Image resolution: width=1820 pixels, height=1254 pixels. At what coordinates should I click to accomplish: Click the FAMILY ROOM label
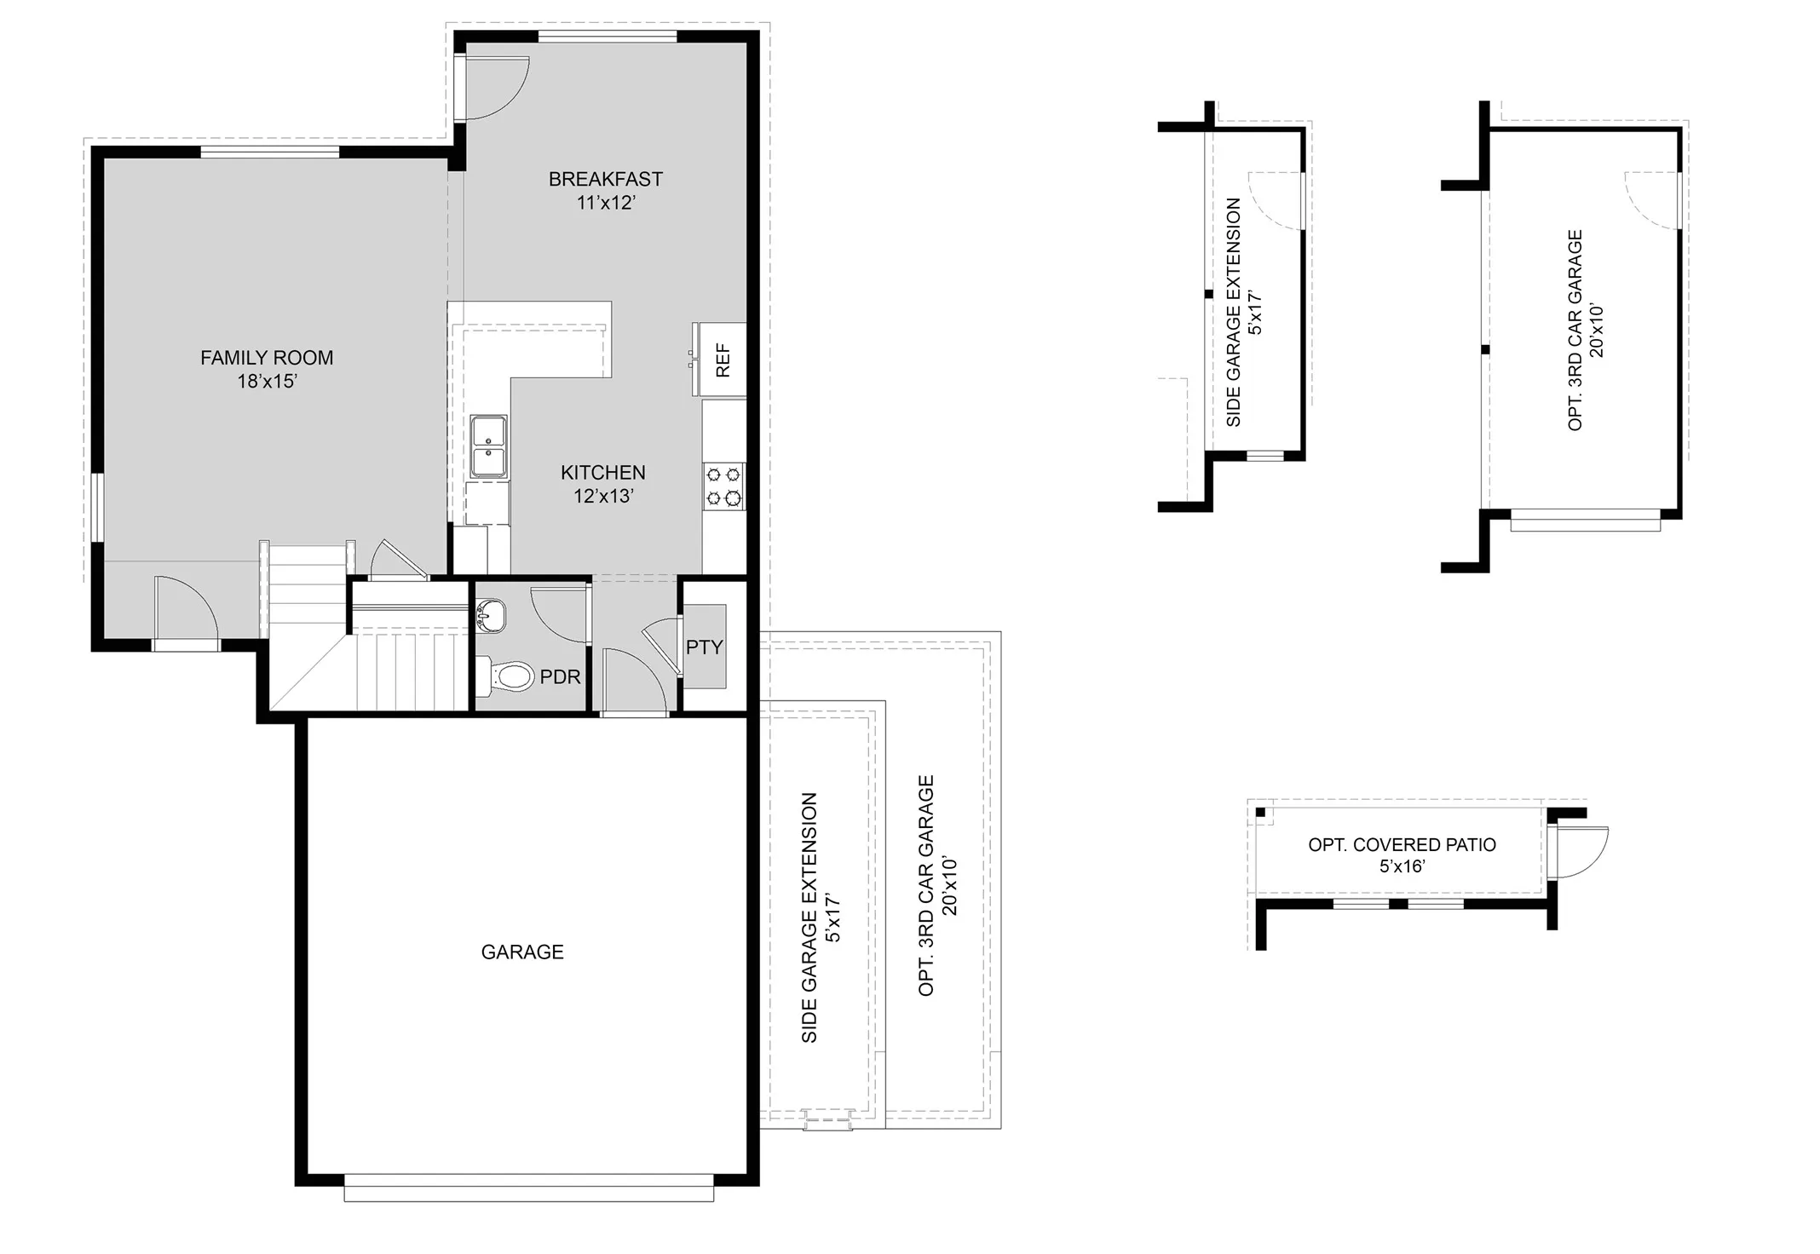tap(267, 358)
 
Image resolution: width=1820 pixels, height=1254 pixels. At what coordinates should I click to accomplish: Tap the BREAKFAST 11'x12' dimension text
tap(605, 203)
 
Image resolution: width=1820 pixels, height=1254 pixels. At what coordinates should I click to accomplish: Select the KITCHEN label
tap(602, 472)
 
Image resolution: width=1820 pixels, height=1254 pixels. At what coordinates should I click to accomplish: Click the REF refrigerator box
tap(722, 360)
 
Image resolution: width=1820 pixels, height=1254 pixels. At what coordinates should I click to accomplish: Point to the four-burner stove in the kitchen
tap(723, 486)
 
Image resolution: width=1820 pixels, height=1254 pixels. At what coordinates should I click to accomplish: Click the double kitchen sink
tap(489, 446)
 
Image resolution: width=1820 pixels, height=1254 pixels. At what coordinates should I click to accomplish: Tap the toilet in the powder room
tap(508, 677)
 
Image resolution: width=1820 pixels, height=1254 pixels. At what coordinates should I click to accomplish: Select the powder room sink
tap(492, 615)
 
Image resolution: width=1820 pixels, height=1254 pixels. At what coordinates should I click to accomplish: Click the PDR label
tap(560, 677)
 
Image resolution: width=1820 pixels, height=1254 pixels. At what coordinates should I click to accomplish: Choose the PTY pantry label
tap(704, 647)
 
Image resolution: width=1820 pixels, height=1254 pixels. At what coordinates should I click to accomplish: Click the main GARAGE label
tap(522, 952)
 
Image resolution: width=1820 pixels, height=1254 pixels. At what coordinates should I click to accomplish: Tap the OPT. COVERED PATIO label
tap(1402, 845)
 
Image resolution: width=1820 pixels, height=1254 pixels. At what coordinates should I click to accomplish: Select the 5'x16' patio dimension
tap(1402, 866)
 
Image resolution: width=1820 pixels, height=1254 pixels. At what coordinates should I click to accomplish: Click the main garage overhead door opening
tap(528, 1189)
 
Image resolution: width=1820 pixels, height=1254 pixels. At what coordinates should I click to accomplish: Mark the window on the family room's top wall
tap(269, 152)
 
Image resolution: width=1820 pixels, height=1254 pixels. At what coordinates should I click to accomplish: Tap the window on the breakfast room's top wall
tap(608, 36)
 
